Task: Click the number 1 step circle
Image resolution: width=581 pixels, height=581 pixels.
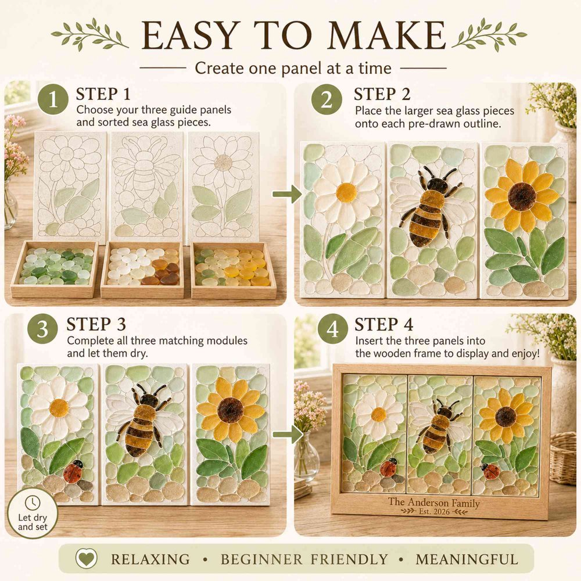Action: click(x=53, y=99)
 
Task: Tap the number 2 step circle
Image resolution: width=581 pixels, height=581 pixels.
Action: click(x=327, y=99)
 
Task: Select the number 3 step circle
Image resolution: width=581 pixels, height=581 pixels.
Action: click(x=42, y=329)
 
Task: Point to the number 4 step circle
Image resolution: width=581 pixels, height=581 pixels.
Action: click(x=333, y=329)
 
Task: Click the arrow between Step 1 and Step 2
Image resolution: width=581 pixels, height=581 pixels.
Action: click(x=288, y=194)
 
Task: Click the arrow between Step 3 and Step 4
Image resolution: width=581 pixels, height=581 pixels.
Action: click(x=288, y=434)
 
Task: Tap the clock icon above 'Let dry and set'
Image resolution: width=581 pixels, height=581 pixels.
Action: click(x=33, y=503)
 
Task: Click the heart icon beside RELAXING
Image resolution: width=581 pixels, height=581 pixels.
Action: click(x=87, y=558)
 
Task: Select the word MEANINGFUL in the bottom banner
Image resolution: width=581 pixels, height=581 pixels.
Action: click(x=467, y=559)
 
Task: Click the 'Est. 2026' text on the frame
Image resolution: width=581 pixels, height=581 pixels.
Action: click(x=434, y=512)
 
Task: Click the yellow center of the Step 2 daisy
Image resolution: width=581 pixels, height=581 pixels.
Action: click(x=346, y=193)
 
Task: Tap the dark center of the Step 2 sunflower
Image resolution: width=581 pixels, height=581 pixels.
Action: click(x=522, y=196)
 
